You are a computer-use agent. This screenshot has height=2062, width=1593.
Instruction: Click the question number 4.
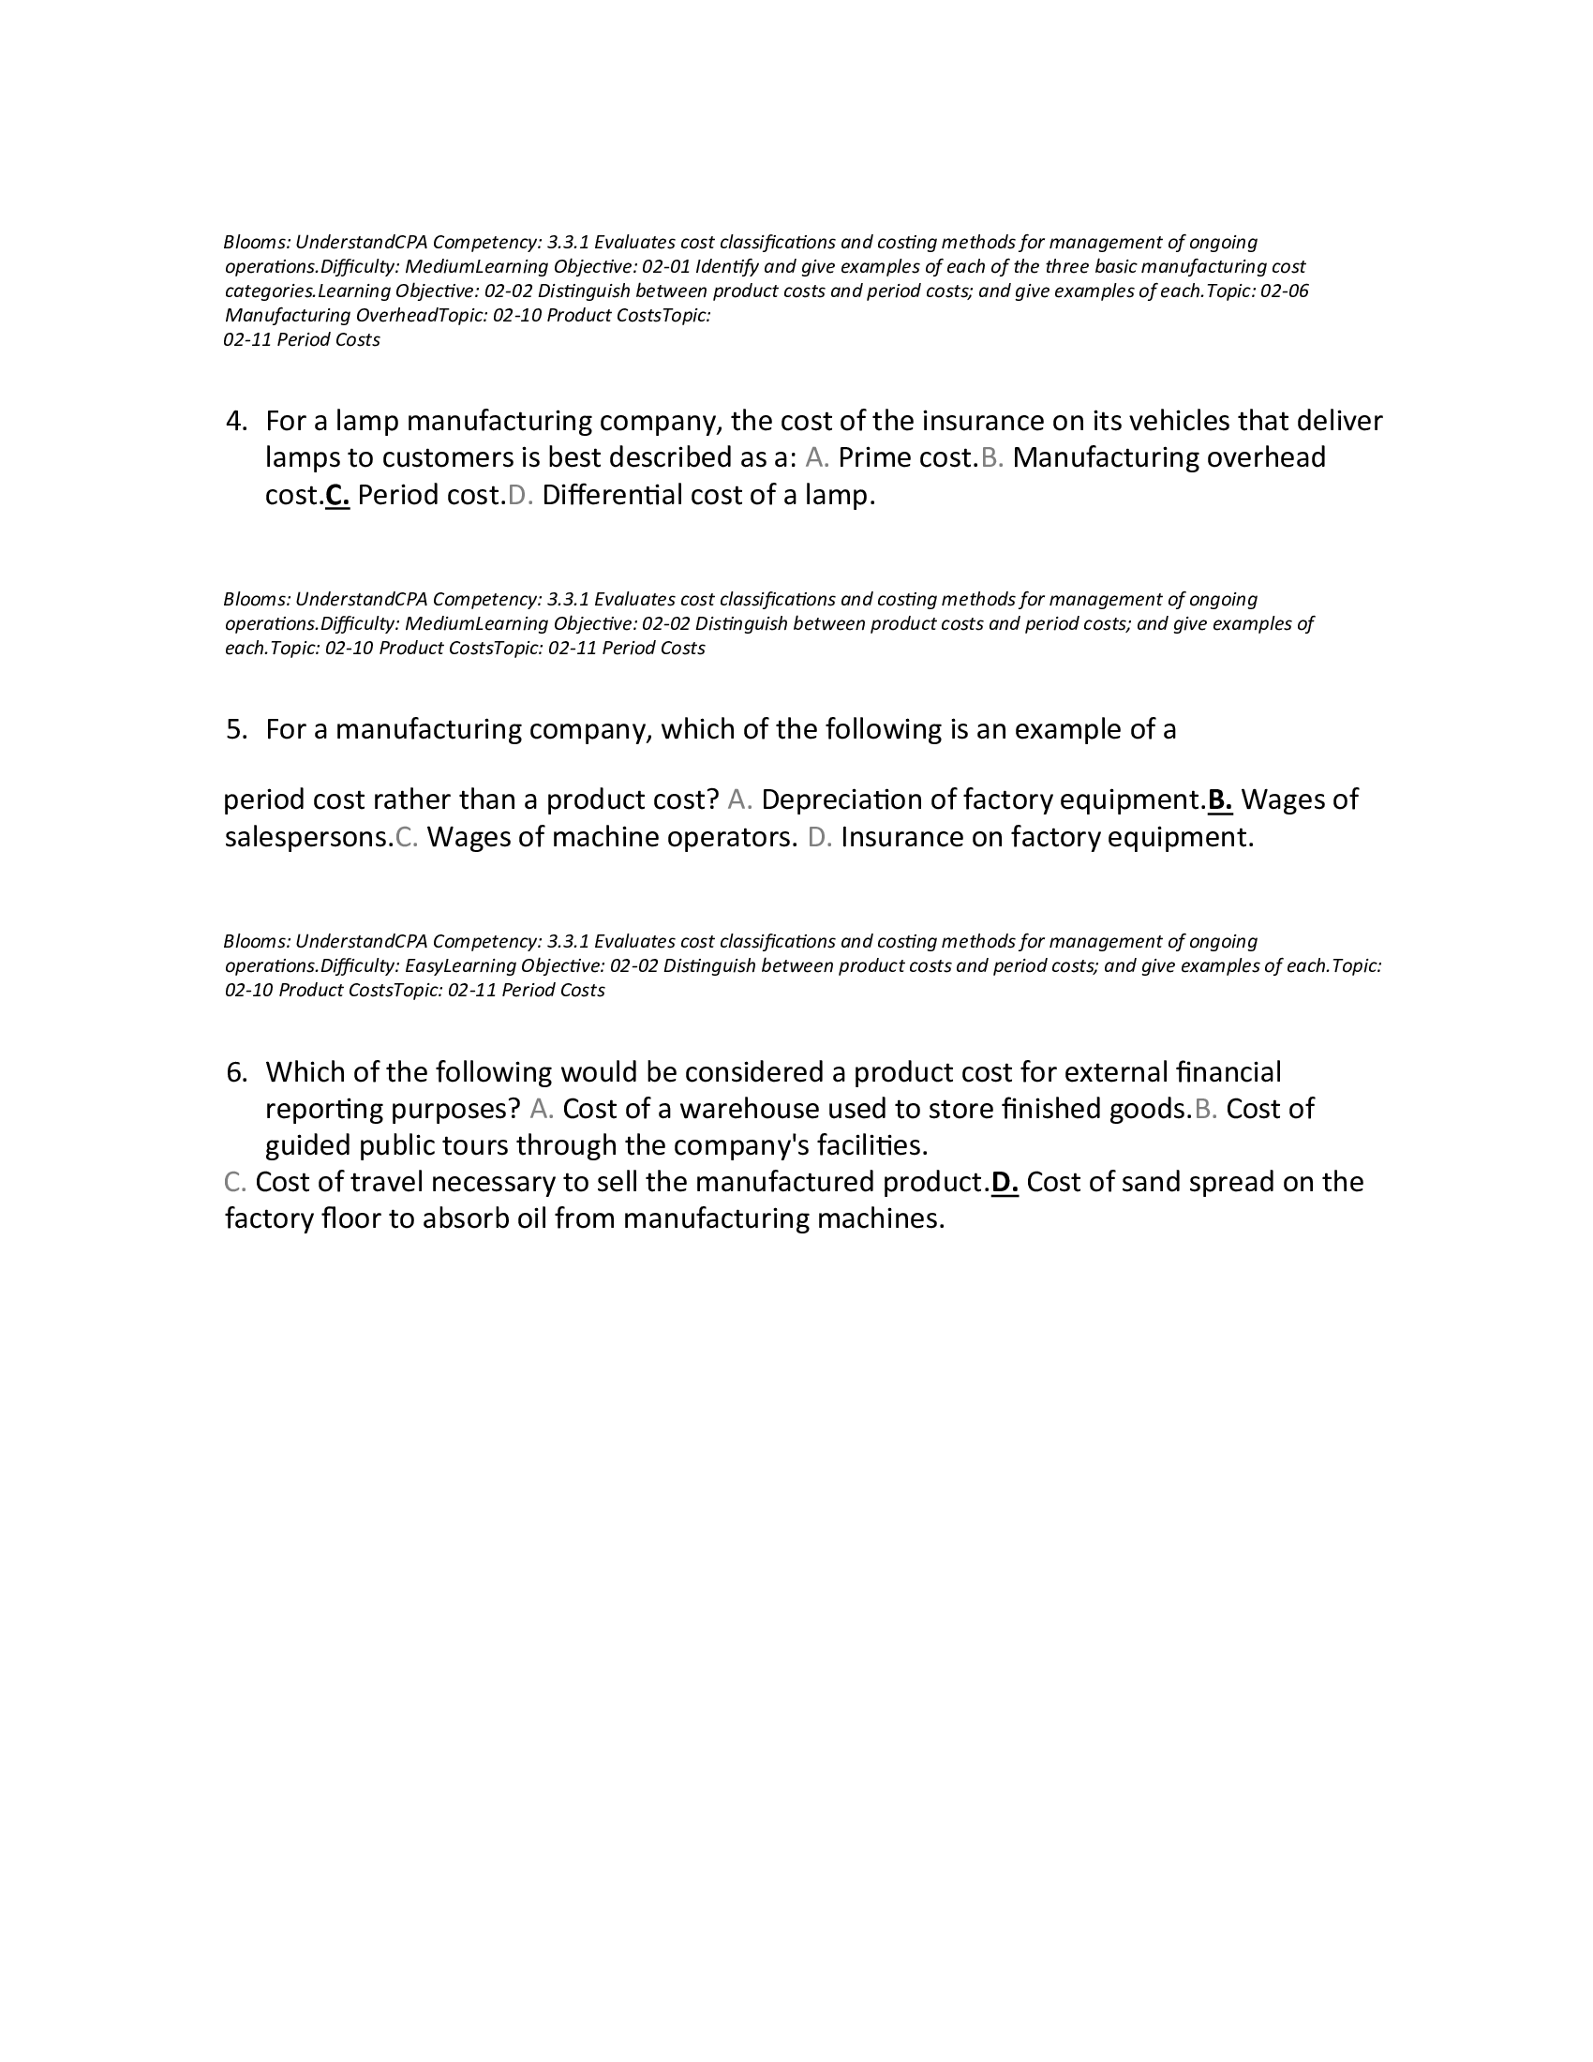point(236,421)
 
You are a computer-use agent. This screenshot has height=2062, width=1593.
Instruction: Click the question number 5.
point(236,730)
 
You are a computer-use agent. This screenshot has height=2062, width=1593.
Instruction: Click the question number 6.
point(236,1072)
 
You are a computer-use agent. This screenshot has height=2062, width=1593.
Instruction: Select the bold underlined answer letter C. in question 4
point(337,496)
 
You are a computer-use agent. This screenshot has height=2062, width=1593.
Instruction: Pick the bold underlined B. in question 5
point(1220,800)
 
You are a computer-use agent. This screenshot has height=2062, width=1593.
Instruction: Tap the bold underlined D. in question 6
point(1005,1183)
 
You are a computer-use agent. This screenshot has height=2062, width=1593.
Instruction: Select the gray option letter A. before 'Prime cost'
point(817,458)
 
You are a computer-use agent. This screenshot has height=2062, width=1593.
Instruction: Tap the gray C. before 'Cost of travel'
point(235,1183)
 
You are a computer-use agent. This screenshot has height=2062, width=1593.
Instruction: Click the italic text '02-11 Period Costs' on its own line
point(302,340)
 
